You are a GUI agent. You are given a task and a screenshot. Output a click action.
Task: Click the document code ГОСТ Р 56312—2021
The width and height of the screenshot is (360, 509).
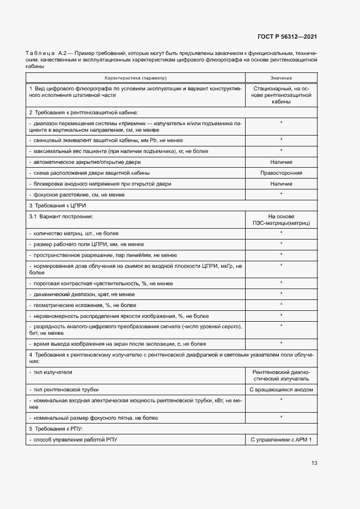tap(287, 36)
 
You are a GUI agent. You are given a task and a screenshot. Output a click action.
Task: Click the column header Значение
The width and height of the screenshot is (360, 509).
tap(281, 78)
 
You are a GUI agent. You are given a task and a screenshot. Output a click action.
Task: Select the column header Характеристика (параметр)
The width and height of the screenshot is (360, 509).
tap(136, 78)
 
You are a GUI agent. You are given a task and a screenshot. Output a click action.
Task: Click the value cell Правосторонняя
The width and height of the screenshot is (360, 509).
tap(281, 173)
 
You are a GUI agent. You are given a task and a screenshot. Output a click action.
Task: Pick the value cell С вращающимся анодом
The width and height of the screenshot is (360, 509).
tap(281, 390)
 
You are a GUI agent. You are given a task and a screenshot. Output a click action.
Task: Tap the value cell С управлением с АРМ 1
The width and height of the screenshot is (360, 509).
tap(281, 439)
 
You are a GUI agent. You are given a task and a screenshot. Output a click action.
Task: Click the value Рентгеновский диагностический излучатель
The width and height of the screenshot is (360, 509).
tap(281, 375)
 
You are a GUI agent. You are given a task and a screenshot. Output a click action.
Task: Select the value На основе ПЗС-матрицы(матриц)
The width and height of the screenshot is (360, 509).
tap(281, 220)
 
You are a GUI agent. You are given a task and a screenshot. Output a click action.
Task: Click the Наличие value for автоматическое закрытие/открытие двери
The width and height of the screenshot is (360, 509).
tap(281, 162)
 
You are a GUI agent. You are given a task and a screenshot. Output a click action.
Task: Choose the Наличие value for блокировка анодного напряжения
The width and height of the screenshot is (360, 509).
tap(281, 184)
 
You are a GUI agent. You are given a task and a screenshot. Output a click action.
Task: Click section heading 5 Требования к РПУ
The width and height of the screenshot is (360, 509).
tap(57, 428)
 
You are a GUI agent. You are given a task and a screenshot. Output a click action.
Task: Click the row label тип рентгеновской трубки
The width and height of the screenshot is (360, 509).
tap(66, 390)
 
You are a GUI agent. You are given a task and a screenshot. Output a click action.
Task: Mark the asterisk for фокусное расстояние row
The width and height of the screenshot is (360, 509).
tap(281, 194)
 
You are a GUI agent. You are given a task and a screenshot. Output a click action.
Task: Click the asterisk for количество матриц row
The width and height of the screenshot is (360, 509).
tap(281, 233)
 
